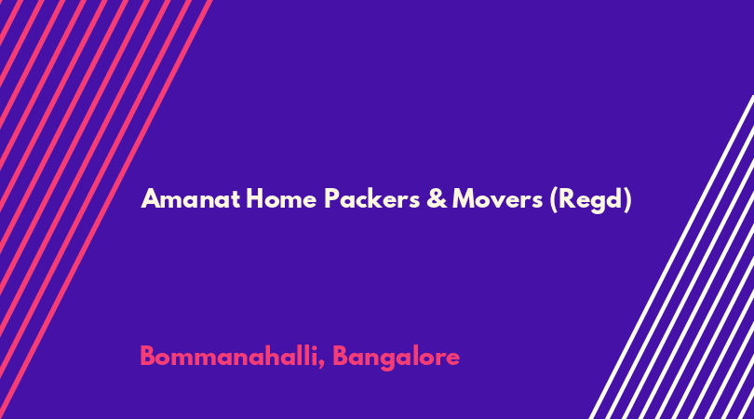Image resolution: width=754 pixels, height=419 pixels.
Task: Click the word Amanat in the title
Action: point(191,198)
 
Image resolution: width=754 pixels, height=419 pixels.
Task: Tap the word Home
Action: point(281,198)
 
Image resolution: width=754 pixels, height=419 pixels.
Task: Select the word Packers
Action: point(371,198)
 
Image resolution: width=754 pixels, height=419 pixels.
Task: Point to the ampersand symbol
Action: point(437,198)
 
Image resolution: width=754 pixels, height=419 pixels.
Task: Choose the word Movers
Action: point(498,198)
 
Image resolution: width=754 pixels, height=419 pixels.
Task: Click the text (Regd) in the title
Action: point(590,200)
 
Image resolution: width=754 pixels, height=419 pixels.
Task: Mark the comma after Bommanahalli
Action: point(321,365)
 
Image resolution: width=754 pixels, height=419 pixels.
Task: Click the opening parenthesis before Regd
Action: point(554,200)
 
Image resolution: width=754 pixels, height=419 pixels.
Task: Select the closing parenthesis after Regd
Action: point(627,200)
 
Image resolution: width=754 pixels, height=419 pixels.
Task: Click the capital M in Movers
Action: point(465,198)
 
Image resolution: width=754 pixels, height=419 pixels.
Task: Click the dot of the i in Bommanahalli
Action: point(313,347)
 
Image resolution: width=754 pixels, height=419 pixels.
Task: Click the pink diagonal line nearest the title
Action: point(106,209)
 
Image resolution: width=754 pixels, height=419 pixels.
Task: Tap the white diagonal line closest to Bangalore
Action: point(671,257)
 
